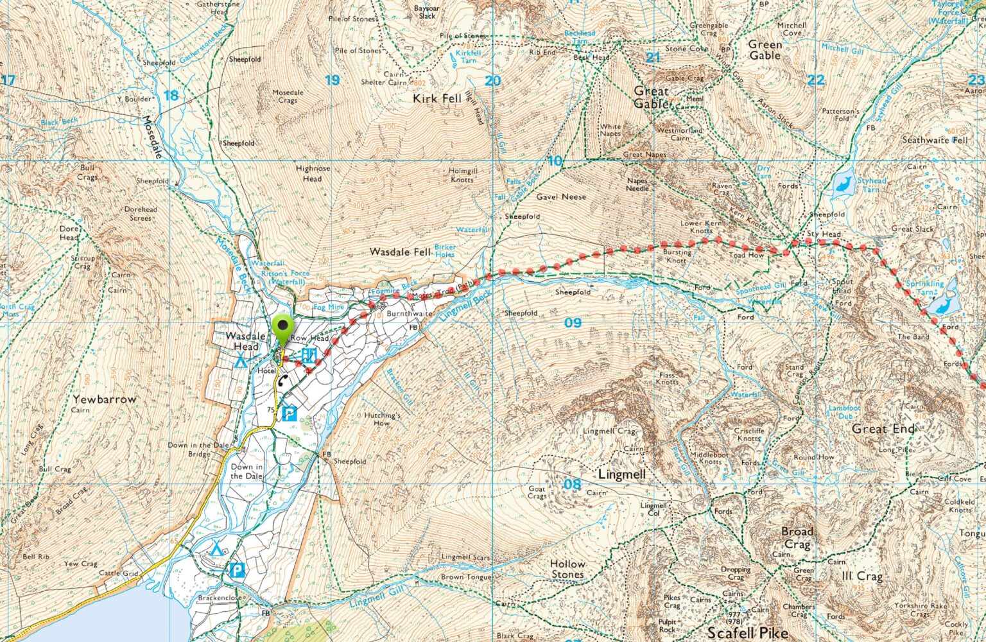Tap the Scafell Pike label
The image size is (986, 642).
pos(748,632)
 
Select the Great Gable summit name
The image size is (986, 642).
pos(651,97)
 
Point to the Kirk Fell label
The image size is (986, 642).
pos(437,98)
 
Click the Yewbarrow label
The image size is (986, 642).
pos(105,399)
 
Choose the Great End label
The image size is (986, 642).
pos(883,428)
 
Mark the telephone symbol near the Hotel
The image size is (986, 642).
pos(282,381)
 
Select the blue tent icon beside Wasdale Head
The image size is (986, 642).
pos(241,360)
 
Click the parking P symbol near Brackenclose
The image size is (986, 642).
pos(237,569)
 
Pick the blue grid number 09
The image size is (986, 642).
pos(573,322)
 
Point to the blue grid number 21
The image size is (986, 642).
pos(653,58)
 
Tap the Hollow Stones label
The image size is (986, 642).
pos(567,569)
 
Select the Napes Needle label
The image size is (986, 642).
pos(637,184)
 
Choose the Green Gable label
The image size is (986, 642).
pos(765,50)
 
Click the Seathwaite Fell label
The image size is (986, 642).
pos(934,140)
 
